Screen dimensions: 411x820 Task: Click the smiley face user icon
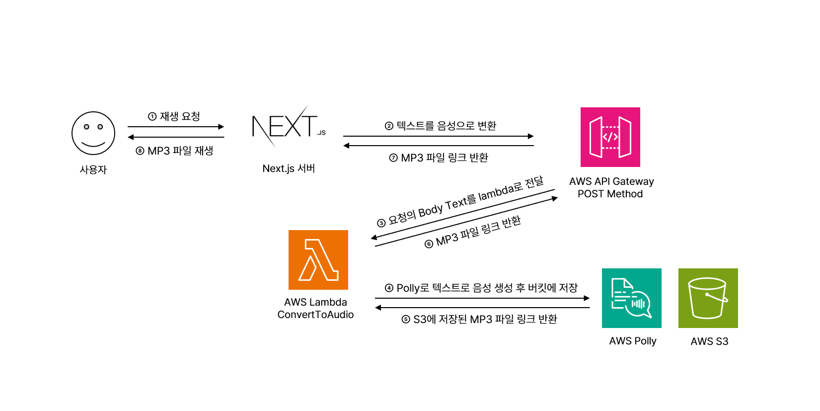click(93, 133)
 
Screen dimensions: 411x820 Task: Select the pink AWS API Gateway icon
click(610, 137)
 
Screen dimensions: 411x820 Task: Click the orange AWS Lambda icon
click(318, 260)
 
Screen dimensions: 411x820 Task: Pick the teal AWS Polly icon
click(631, 298)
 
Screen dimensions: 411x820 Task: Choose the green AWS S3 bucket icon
click(708, 298)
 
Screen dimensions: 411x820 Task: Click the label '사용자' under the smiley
click(93, 170)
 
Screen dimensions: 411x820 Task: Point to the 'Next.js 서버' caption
click(289, 168)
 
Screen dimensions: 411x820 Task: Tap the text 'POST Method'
click(610, 194)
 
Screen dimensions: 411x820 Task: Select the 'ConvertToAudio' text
click(315, 315)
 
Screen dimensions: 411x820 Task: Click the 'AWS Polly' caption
click(633, 341)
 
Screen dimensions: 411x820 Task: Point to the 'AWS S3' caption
click(709, 341)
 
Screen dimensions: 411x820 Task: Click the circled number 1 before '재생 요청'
click(152, 117)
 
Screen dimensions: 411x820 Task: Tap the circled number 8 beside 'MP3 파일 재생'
click(140, 151)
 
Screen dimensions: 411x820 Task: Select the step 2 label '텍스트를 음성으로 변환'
click(447, 126)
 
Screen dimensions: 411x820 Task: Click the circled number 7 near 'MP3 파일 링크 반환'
click(393, 158)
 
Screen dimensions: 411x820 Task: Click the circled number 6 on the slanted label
click(429, 244)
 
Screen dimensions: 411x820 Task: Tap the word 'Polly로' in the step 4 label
click(413, 288)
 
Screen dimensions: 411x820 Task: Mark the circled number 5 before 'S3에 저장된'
click(406, 320)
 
